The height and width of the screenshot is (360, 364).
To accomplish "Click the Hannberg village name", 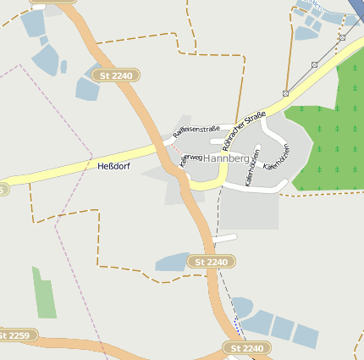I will coord(226,158).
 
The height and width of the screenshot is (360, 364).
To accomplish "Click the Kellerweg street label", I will coord(190,159).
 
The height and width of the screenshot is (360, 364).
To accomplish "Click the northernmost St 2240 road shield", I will coord(117,76).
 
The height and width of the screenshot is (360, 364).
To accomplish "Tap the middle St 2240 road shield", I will coord(211,263).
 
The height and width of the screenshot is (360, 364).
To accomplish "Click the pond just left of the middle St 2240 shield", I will coord(174,263).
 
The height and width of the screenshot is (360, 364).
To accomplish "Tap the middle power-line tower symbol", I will coord(314,64).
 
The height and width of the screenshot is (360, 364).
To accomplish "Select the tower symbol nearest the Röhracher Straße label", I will coord(286,93).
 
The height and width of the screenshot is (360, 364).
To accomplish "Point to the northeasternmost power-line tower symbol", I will coord(342,37).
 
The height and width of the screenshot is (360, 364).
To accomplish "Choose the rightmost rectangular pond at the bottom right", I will coord(306,336).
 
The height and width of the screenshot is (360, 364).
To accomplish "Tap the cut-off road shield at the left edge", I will coord(3,191).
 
